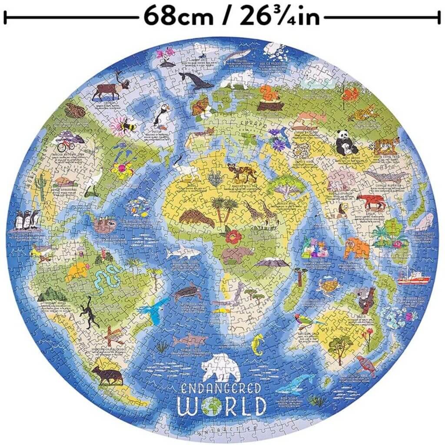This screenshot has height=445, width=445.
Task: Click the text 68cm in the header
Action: [179, 17]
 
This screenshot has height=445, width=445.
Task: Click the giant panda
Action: [346, 143]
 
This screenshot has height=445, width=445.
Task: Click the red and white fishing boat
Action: [413, 277]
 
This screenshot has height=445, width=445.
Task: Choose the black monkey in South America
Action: [92, 311]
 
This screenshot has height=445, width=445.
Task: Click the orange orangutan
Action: [356, 248]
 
